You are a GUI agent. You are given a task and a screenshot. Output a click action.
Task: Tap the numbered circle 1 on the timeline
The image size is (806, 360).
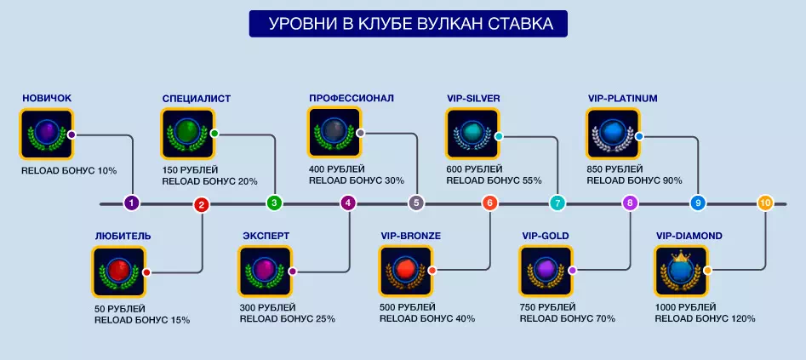pyautogui.click(x=131, y=203)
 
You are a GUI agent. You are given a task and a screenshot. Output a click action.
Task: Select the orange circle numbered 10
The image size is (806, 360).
pyautogui.click(x=765, y=203)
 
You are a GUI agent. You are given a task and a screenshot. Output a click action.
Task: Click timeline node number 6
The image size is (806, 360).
pyautogui.click(x=489, y=203)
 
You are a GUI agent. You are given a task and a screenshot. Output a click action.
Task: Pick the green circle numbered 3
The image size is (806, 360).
pyautogui.click(x=273, y=203)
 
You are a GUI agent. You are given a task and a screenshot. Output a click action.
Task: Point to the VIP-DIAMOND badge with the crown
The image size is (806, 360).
pyautogui.click(x=680, y=271)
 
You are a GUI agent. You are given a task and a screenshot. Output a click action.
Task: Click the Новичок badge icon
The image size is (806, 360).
pyautogui.click(x=46, y=134)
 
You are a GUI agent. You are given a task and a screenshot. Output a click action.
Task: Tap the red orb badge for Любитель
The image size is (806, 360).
pyautogui.click(x=117, y=272)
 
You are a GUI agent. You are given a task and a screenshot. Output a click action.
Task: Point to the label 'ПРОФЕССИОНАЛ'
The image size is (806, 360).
pyautogui.click(x=351, y=98)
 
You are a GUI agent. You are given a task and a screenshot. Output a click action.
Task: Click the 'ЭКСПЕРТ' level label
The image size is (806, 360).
pyautogui.click(x=265, y=236)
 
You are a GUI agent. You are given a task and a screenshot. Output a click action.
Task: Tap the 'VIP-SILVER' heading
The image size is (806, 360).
pyautogui.click(x=472, y=98)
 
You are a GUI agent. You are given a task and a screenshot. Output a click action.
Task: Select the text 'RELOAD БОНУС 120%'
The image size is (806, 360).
pyautogui.click(x=705, y=319)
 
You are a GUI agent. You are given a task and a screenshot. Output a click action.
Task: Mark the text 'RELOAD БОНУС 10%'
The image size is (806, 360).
pyautogui.click(x=69, y=170)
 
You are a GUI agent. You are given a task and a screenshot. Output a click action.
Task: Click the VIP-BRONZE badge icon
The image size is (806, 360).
pyautogui.click(x=405, y=271)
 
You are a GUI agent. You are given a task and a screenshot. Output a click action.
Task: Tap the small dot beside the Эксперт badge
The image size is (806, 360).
pyautogui.click(x=292, y=271)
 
